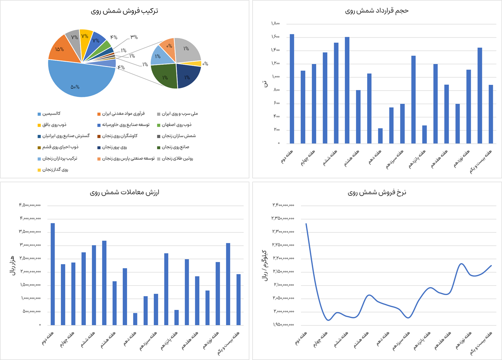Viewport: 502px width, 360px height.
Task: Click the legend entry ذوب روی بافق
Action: [x=54, y=125]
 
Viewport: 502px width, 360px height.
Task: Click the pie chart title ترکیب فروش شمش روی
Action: [x=124, y=11]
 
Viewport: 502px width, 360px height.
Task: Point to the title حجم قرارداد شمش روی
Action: [x=377, y=11]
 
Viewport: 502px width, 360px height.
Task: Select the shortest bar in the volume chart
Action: [x=380, y=136]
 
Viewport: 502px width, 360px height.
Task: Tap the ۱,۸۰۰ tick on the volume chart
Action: [x=275, y=24]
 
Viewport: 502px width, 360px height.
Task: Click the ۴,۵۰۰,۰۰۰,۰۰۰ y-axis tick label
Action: [x=30, y=205]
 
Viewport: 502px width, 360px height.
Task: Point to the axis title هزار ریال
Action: [x=12, y=265]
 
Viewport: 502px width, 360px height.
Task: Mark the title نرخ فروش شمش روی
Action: [x=377, y=192]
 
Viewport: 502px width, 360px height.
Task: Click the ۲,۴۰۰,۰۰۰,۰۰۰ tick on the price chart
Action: [x=283, y=205]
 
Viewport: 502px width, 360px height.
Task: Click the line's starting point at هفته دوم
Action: [x=306, y=224]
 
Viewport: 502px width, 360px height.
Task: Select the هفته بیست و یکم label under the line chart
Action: [x=482, y=344]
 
